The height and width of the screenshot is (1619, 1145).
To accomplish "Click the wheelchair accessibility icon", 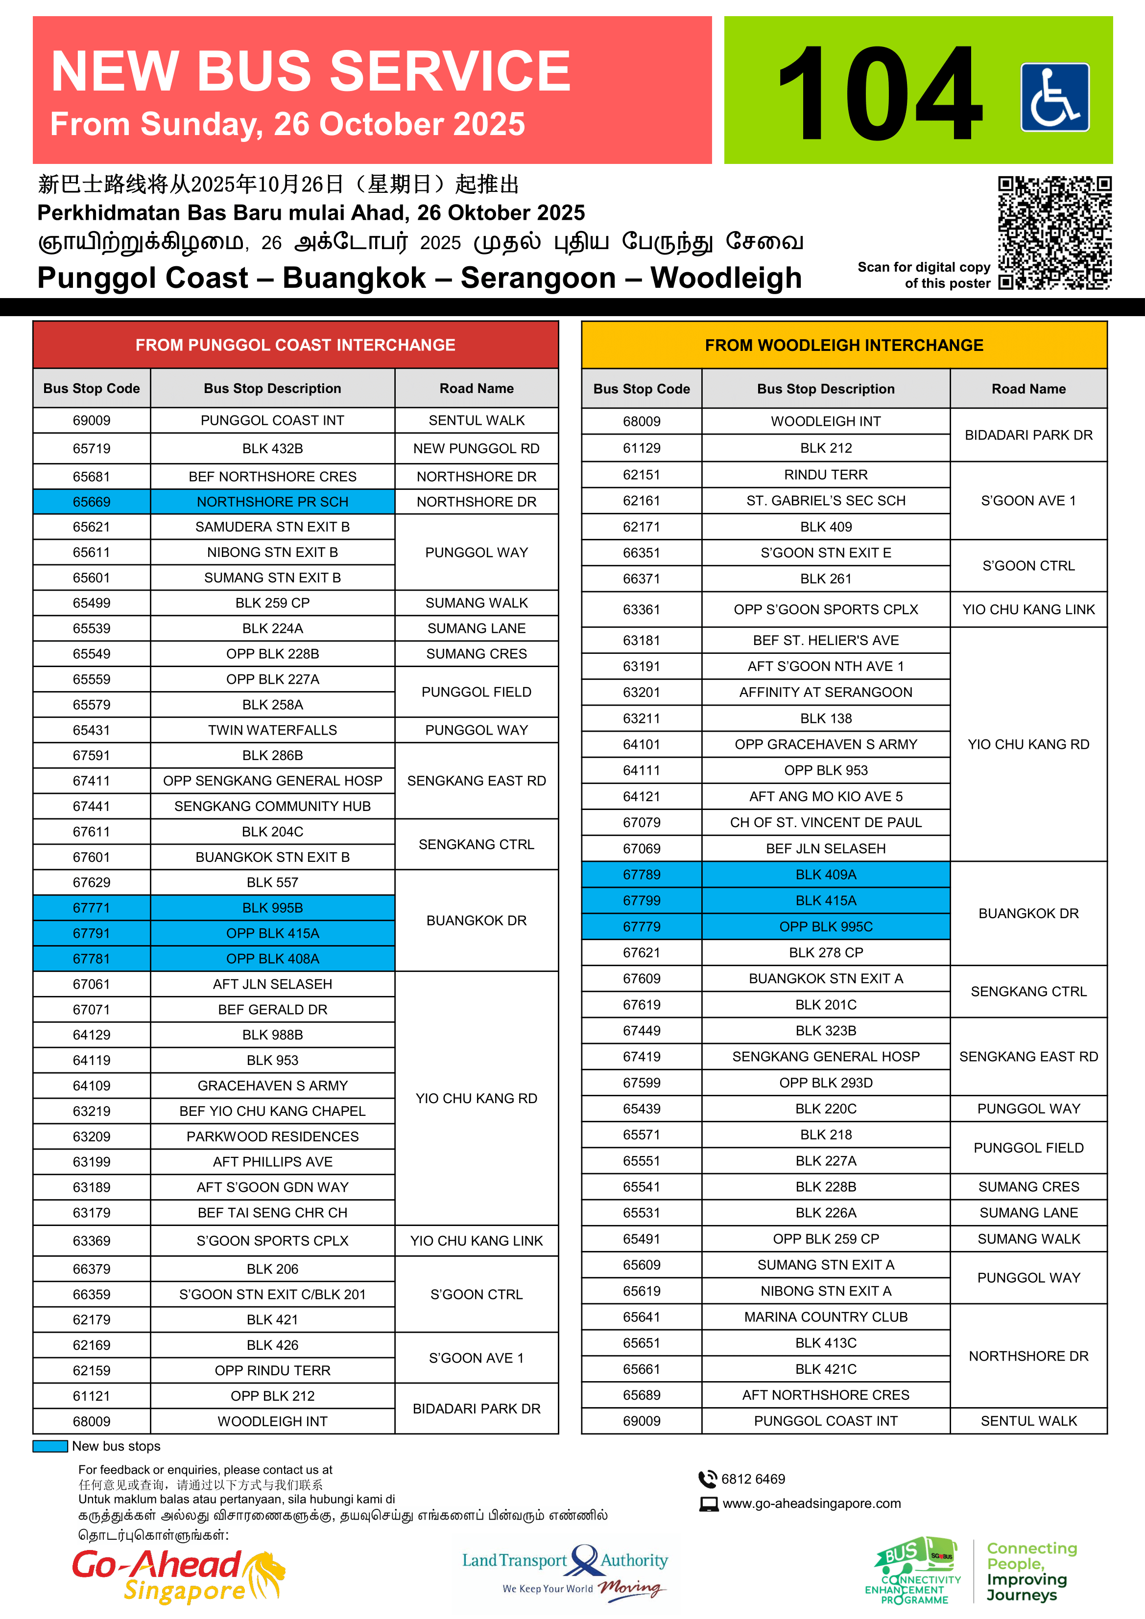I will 1055,97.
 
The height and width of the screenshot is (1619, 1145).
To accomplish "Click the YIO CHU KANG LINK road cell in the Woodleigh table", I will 1028,609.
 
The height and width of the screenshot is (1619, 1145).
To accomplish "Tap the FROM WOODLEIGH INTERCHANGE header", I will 844,346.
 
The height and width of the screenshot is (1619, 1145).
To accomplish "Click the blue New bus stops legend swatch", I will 50,1446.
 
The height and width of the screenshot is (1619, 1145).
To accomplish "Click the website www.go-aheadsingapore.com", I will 811,1503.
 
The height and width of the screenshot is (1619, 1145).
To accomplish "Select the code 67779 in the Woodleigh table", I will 641,926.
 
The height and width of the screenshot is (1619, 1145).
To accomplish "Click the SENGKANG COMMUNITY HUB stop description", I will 272,807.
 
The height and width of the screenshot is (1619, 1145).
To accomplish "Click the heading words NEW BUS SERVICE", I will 310,72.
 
